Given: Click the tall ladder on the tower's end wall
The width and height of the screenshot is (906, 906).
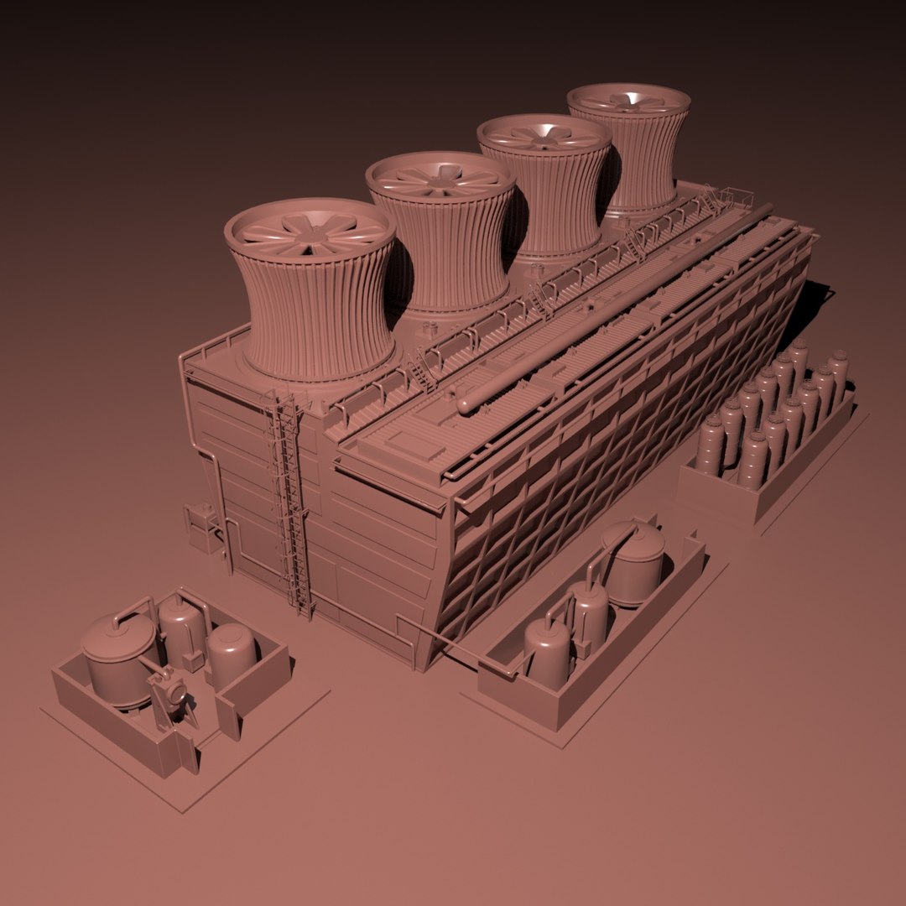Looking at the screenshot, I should (x=288, y=503).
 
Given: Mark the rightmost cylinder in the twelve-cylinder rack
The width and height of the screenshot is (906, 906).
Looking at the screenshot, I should (x=837, y=377).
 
